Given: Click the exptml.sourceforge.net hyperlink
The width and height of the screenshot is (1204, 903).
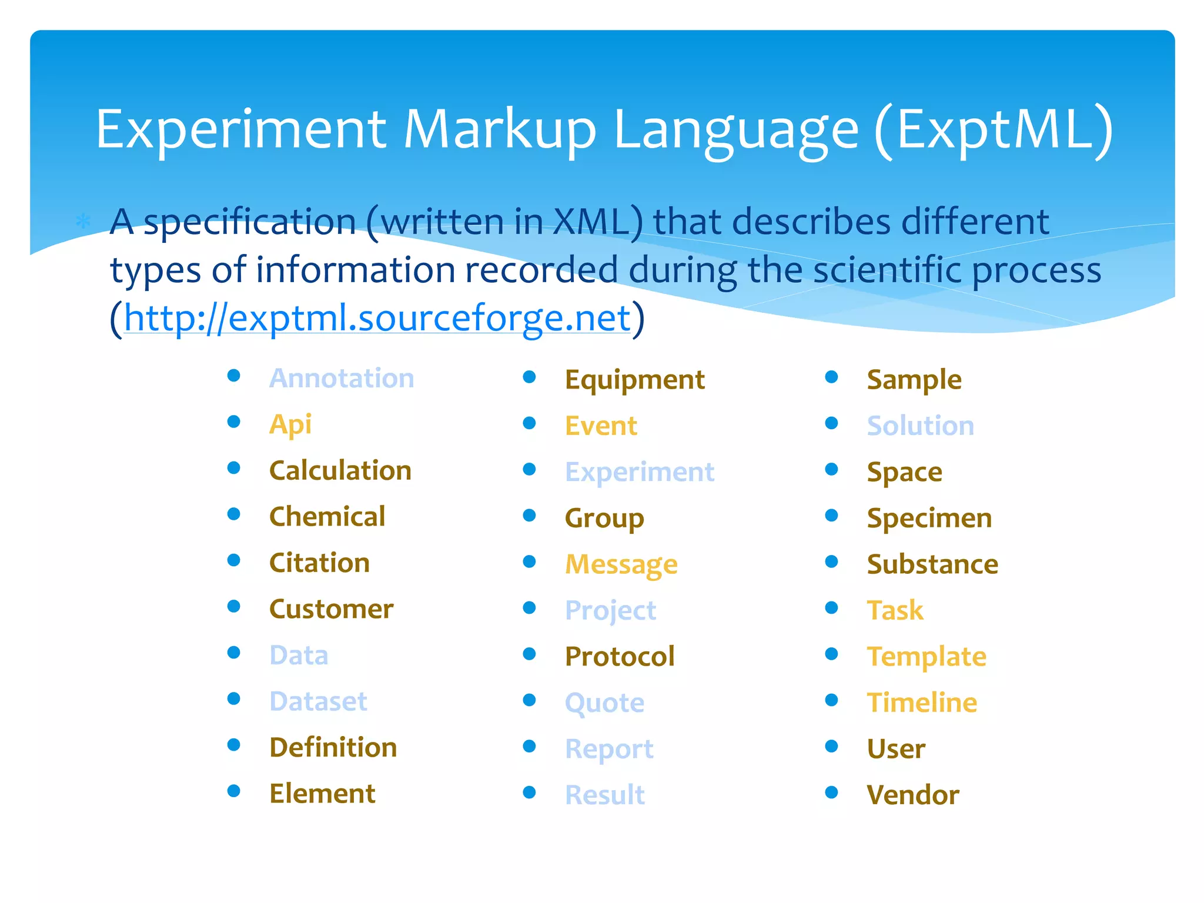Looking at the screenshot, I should pyautogui.click(x=377, y=318).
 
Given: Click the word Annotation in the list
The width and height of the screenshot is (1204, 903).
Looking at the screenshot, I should pyautogui.click(x=342, y=378).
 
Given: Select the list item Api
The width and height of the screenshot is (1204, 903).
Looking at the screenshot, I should pyautogui.click(x=290, y=424).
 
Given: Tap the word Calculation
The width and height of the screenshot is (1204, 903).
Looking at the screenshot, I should pyautogui.click(x=340, y=470).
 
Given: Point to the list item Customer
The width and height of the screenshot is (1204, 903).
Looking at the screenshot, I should pyautogui.click(x=331, y=609).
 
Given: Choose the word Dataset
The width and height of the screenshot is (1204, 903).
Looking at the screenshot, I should pyautogui.click(x=318, y=701).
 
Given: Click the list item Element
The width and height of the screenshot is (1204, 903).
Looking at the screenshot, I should pyautogui.click(x=322, y=794).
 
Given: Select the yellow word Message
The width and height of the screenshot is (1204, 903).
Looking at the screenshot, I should pyautogui.click(x=621, y=564).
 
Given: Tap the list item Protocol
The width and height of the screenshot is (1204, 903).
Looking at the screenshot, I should pyautogui.click(x=620, y=657).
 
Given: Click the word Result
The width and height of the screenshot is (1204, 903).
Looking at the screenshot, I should pyautogui.click(x=604, y=795).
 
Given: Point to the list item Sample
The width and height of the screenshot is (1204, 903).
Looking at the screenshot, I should pyautogui.click(x=914, y=380).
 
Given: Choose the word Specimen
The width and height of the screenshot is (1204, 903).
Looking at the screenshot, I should pyautogui.click(x=929, y=519).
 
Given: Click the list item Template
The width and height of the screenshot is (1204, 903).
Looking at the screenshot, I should pyautogui.click(x=927, y=657).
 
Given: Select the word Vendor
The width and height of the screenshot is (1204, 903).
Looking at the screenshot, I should pyautogui.click(x=913, y=795).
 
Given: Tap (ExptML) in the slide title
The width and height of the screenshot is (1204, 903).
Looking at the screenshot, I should pyautogui.click(x=994, y=131).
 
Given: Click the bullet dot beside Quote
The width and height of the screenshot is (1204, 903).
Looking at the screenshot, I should pyautogui.click(x=530, y=700).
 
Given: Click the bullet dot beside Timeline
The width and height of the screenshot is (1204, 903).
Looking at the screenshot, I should pyautogui.click(x=831, y=700).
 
